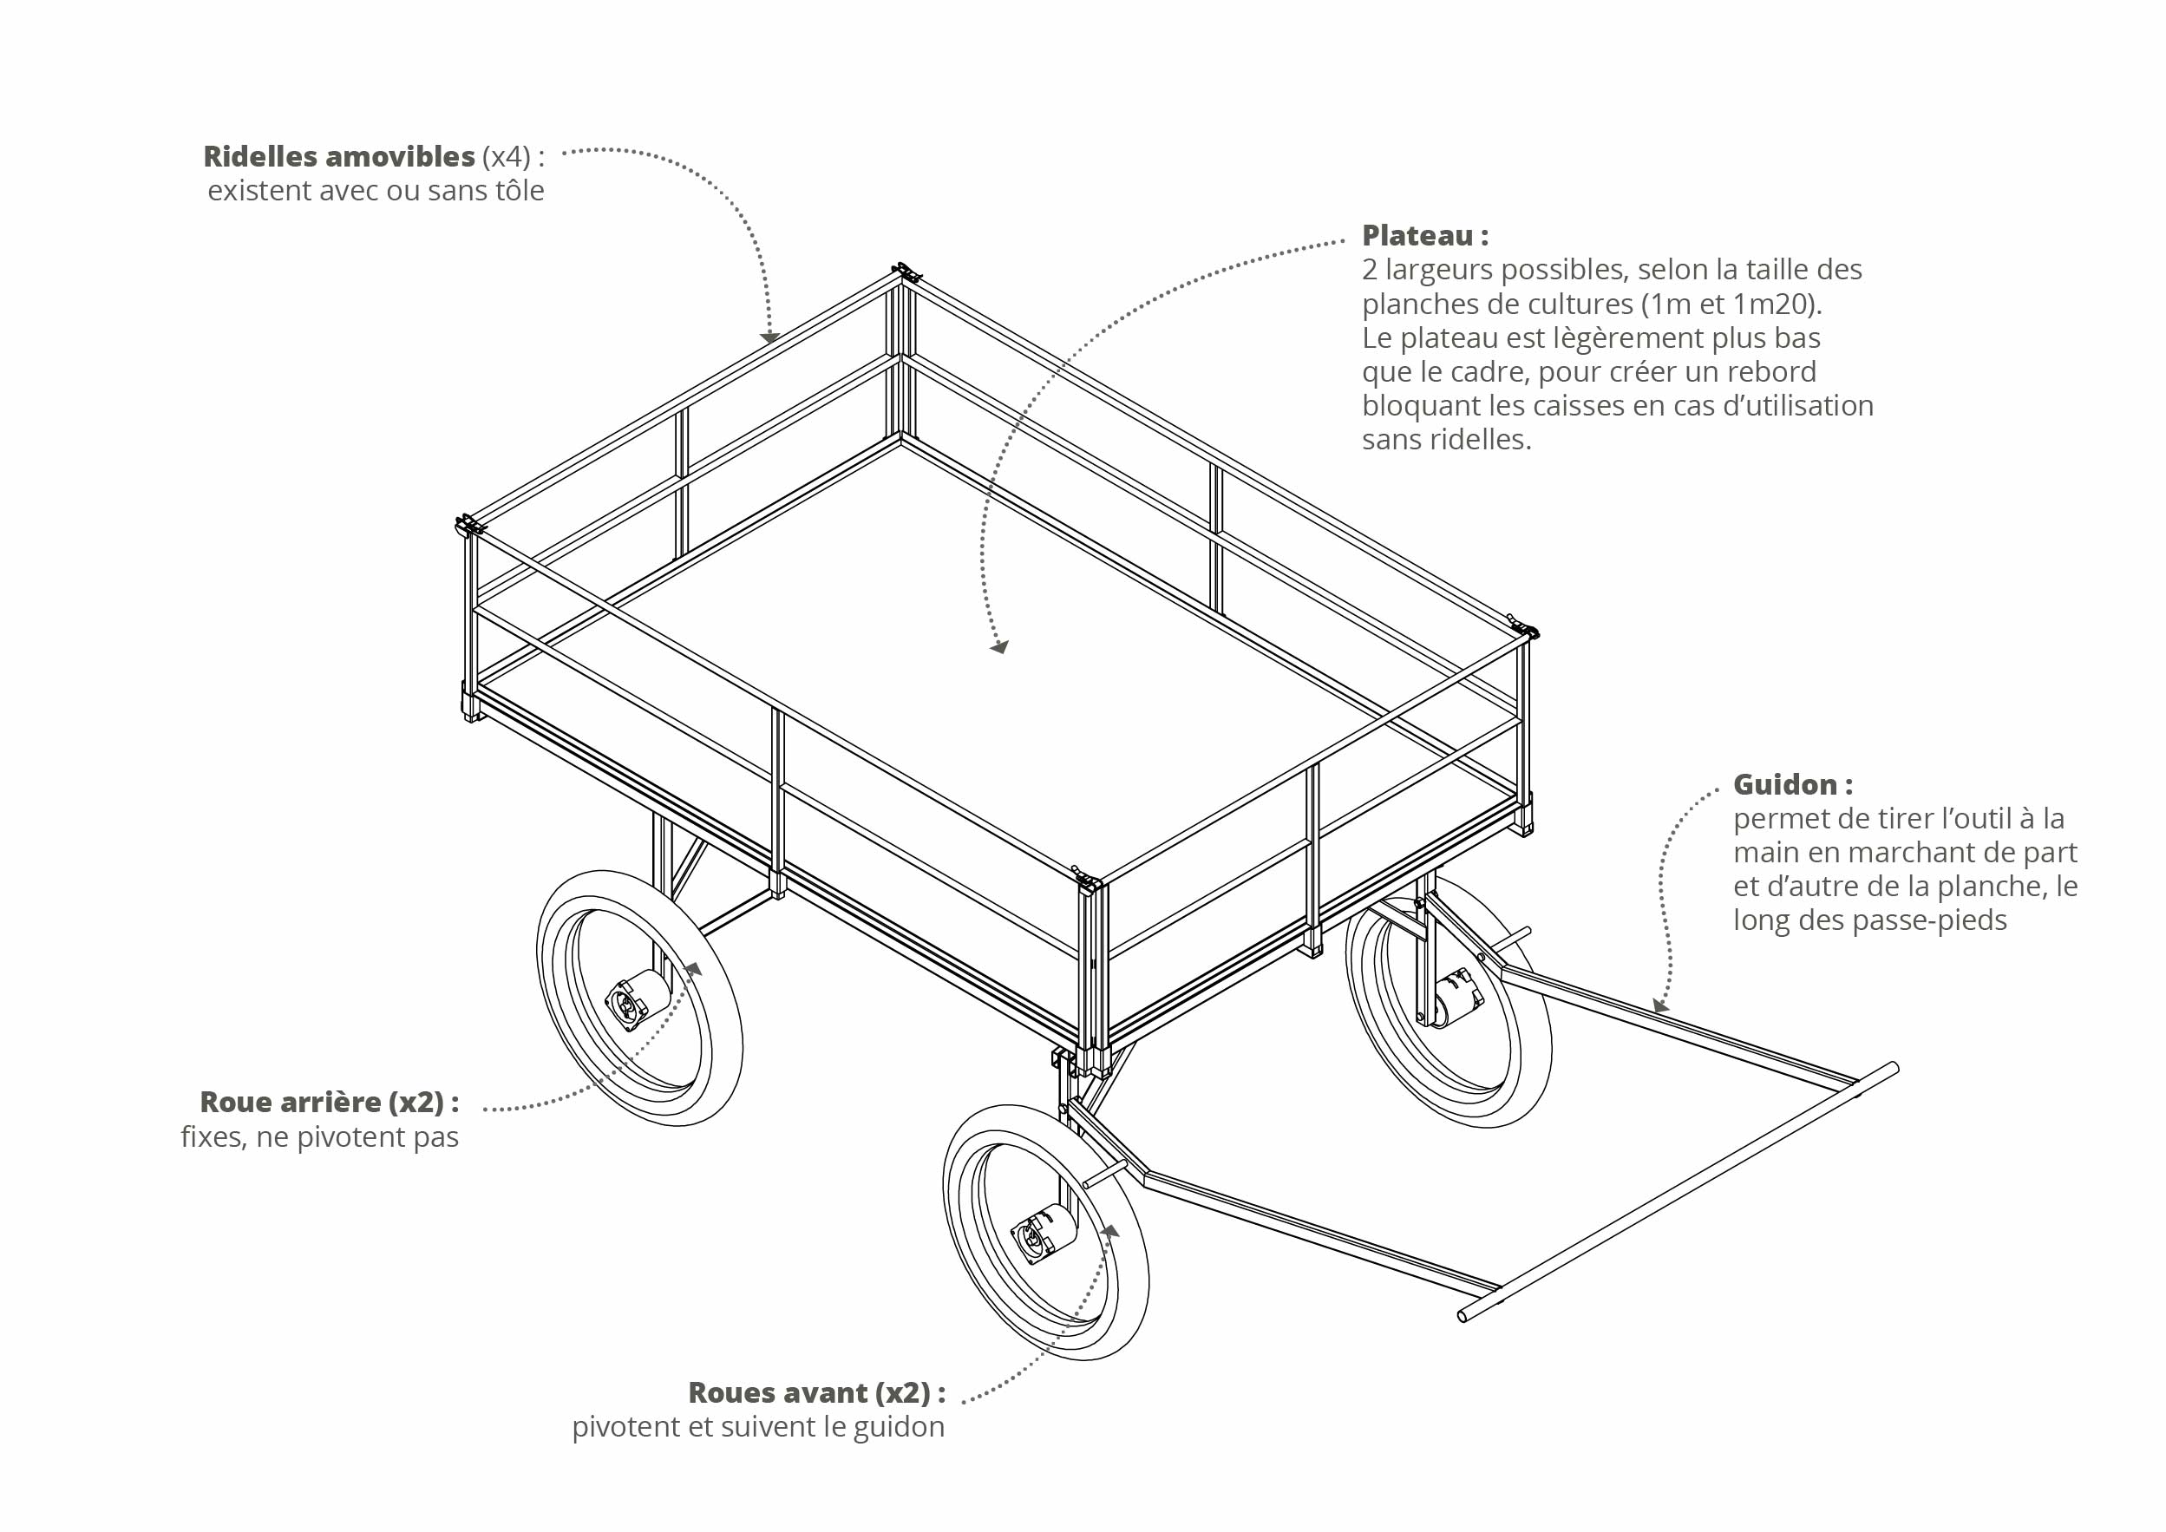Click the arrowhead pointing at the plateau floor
pyautogui.click(x=999, y=647)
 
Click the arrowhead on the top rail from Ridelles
pyautogui.click(x=769, y=337)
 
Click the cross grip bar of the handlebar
pyautogui.click(x=1679, y=1193)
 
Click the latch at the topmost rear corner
pyautogui.click(x=906, y=273)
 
